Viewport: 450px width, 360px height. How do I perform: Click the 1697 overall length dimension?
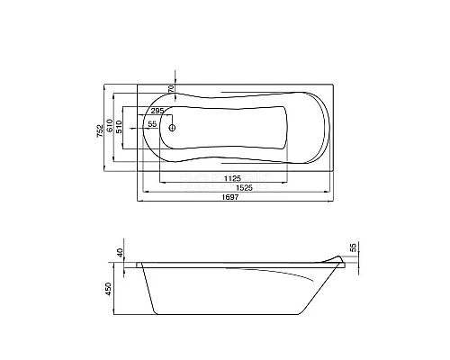(x=230, y=197)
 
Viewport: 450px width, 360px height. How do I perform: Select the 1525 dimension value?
(x=244, y=188)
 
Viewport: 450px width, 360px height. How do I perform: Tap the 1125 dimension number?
(x=232, y=179)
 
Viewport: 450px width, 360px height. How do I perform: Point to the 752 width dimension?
(x=100, y=131)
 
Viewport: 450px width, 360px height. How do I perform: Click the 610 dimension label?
(x=110, y=125)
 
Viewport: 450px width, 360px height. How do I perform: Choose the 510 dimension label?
(x=119, y=127)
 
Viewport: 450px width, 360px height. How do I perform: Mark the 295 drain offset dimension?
(x=157, y=111)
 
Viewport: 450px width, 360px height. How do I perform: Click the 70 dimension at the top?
(x=171, y=88)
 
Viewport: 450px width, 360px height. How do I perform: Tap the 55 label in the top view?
(x=153, y=124)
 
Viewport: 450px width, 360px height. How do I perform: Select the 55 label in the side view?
(x=354, y=247)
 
